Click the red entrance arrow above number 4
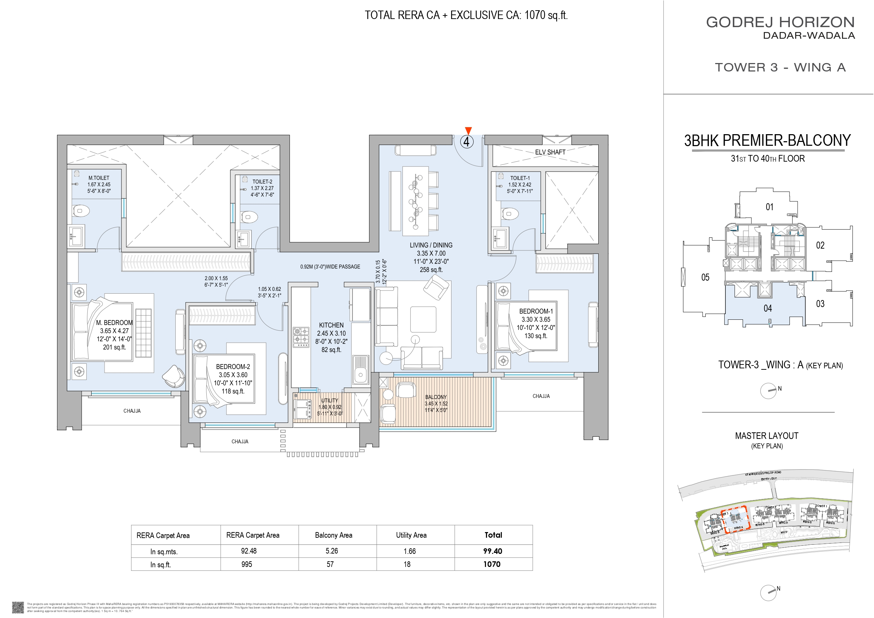tap(468, 131)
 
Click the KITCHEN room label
tap(331, 325)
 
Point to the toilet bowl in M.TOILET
tap(81, 211)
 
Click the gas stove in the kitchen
tap(301, 336)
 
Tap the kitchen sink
tap(360, 369)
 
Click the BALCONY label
tap(436, 397)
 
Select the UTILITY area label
tap(329, 401)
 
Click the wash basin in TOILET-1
tap(499, 238)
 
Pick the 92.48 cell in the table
tap(249, 551)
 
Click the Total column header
tap(493, 535)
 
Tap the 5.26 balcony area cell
tap(332, 551)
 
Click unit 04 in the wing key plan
tap(767, 308)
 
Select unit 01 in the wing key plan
tap(769, 207)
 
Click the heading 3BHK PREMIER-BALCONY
tap(767, 141)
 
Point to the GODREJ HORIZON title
tap(780, 22)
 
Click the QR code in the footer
tap(18, 607)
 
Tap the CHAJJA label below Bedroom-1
tap(541, 396)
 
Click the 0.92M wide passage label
tap(330, 267)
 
